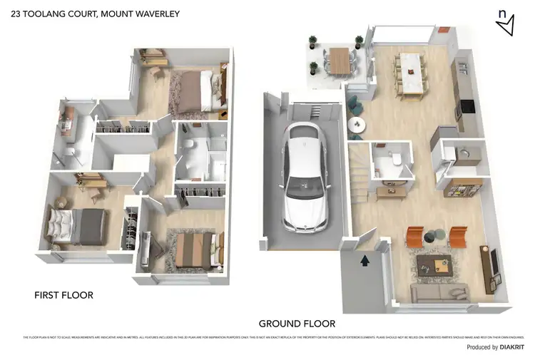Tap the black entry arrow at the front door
coord(365,261)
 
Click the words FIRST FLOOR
coord(64,294)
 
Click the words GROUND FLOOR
coord(297,323)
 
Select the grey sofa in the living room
coord(437,292)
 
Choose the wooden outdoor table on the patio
coord(340,61)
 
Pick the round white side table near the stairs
coord(357,125)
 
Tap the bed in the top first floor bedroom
coord(193,93)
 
